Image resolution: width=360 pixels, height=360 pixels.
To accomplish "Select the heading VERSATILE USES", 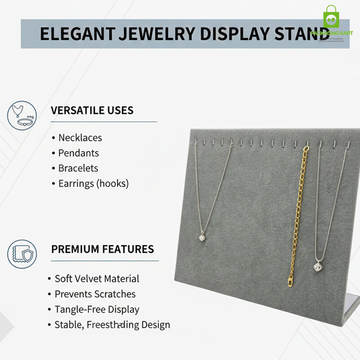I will pos(92,110).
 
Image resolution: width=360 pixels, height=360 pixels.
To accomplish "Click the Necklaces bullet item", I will pos(80,138).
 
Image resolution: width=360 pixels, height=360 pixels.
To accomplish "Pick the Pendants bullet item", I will pos(78,153).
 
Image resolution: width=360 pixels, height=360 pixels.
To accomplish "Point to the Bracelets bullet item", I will pos(78,168).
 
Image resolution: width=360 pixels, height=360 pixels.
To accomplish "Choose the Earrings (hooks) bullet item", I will pos(93,184).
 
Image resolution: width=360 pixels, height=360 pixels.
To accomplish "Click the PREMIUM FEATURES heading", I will pos(102,249).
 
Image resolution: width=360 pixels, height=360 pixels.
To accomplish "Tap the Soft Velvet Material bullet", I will pos(97,279).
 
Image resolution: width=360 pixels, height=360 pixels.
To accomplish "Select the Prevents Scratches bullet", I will pos(95,294).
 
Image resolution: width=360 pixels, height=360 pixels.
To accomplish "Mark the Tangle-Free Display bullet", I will pos(97,309).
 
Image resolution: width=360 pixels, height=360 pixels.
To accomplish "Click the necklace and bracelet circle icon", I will pos(22,116).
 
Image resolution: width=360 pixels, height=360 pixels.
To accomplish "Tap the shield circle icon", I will pos(22,254).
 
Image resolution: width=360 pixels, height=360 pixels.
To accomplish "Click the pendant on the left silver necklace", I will pos(202,237).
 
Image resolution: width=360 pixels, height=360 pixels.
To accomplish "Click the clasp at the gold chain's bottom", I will pos(290,281).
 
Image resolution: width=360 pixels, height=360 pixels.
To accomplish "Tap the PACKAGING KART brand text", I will pos(332,33).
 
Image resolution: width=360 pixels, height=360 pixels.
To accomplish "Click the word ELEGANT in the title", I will pos(78,34).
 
